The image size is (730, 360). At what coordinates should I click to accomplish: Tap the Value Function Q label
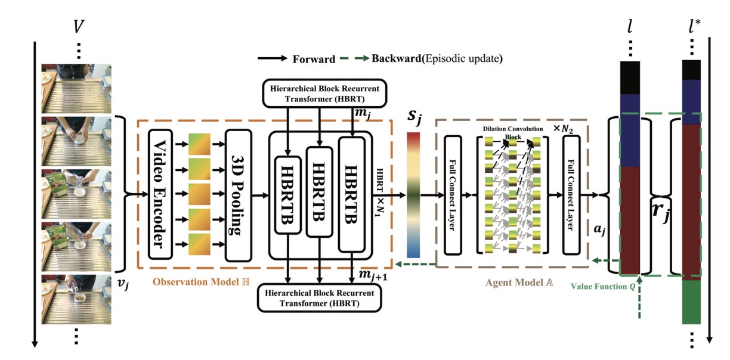[x=596, y=285]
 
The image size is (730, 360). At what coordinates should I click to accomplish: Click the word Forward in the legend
[x=313, y=59]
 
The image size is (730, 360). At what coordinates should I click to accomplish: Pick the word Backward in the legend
[x=395, y=59]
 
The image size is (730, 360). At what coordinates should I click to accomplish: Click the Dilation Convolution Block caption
[x=508, y=132]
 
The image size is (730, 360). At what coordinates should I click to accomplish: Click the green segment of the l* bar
[x=691, y=302]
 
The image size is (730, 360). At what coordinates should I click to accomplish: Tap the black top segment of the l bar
[x=630, y=77]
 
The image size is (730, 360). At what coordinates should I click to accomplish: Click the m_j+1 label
[x=373, y=273]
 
